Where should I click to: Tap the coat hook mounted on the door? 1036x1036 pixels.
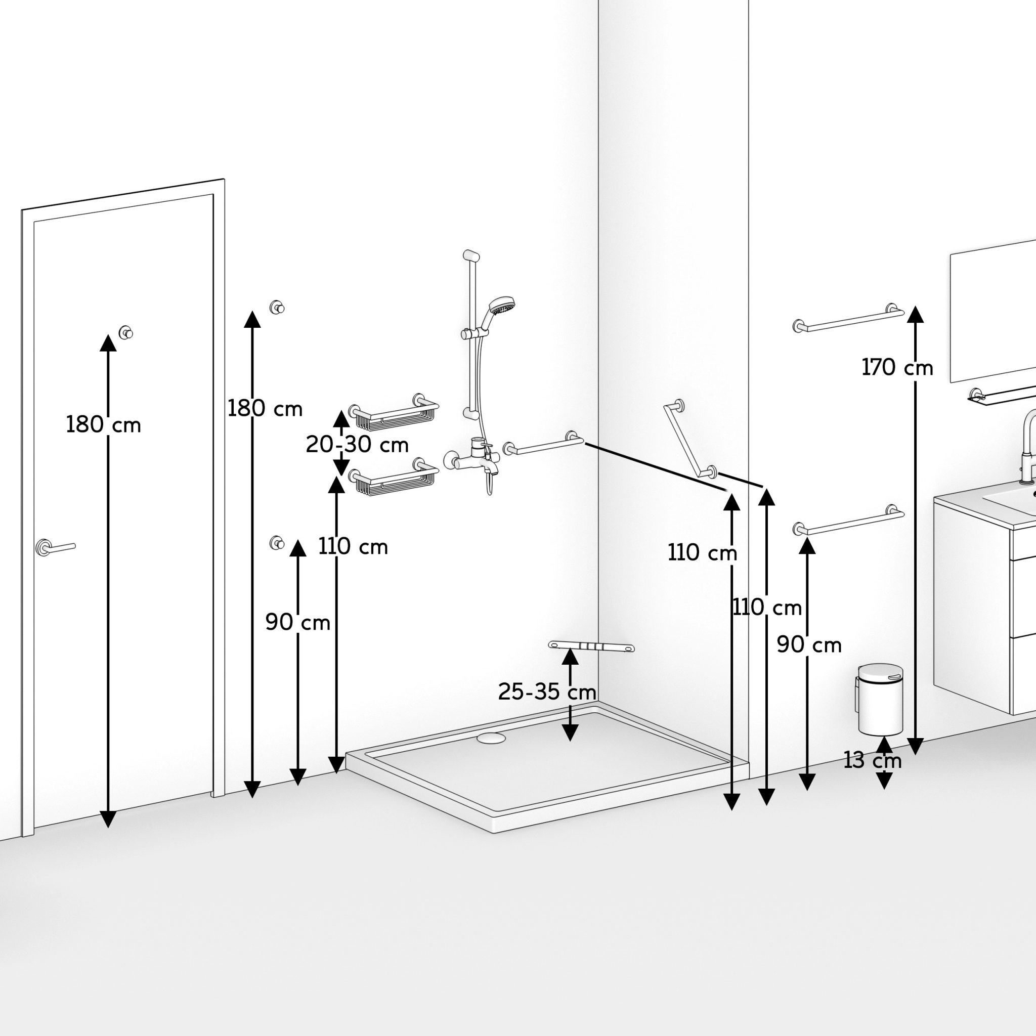[126, 332]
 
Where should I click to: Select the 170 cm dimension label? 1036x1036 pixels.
[897, 368]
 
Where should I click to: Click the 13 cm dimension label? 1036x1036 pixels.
[873, 760]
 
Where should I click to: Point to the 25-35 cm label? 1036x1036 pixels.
[547, 693]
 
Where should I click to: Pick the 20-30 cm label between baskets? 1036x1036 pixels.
[357, 445]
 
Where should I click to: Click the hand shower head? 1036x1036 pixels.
[502, 306]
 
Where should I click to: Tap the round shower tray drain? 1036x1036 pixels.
[491, 739]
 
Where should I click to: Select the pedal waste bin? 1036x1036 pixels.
[881, 700]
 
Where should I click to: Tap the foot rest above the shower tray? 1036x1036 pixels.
[591, 646]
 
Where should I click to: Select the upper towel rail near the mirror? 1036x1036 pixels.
[848, 319]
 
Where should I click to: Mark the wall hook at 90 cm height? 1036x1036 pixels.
[277, 543]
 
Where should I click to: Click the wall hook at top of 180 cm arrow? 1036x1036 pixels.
[277, 307]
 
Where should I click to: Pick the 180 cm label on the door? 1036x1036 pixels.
[103, 425]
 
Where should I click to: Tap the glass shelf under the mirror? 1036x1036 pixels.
[1002, 396]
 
